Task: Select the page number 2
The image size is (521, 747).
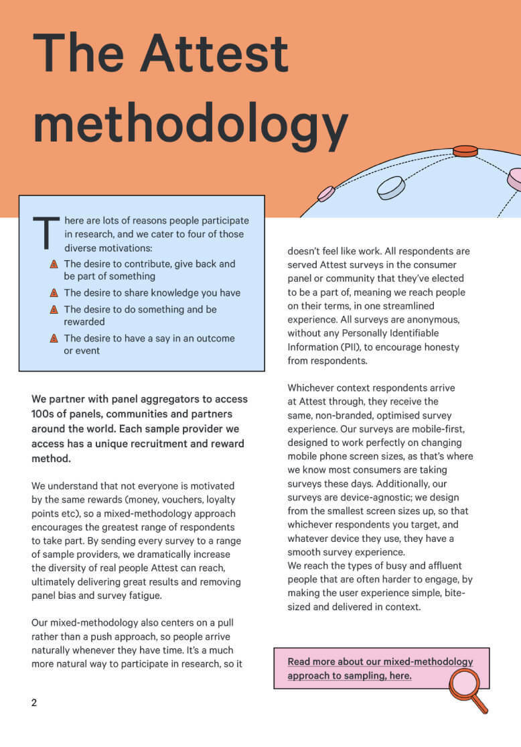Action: [x=34, y=702]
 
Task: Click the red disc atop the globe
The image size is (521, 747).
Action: [x=465, y=152]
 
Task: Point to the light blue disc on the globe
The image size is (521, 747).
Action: [x=391, y=187]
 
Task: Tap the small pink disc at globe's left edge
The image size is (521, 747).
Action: [x=326, y=194]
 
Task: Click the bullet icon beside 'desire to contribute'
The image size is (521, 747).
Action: [x=54, y=264]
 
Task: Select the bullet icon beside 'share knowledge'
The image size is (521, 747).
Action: [x=54, y=293]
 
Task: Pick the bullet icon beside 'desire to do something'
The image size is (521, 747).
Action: [x=54, y=310]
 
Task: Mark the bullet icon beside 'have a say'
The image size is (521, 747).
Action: [x=54, y=339]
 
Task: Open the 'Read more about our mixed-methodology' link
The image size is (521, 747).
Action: [x=380, y=669]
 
